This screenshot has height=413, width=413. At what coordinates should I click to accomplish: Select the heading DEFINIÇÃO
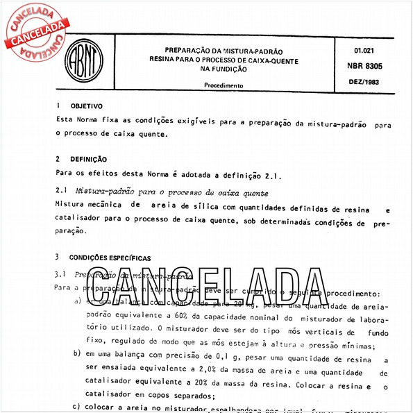pos(88,159)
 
